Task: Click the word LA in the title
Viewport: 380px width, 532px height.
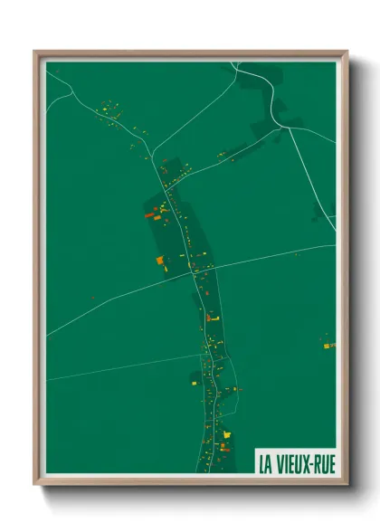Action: click(267, 461)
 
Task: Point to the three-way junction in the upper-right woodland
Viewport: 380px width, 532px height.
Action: click(286, 128)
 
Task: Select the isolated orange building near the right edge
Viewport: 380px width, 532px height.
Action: click(328, 345)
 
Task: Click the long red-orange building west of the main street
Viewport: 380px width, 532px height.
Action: click(152, 216)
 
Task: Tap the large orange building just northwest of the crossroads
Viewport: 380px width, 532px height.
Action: click(160, 261)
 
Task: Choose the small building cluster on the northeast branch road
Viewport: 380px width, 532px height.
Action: click(223, 156)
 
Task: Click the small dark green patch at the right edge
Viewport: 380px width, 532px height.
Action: click(318, 212)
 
